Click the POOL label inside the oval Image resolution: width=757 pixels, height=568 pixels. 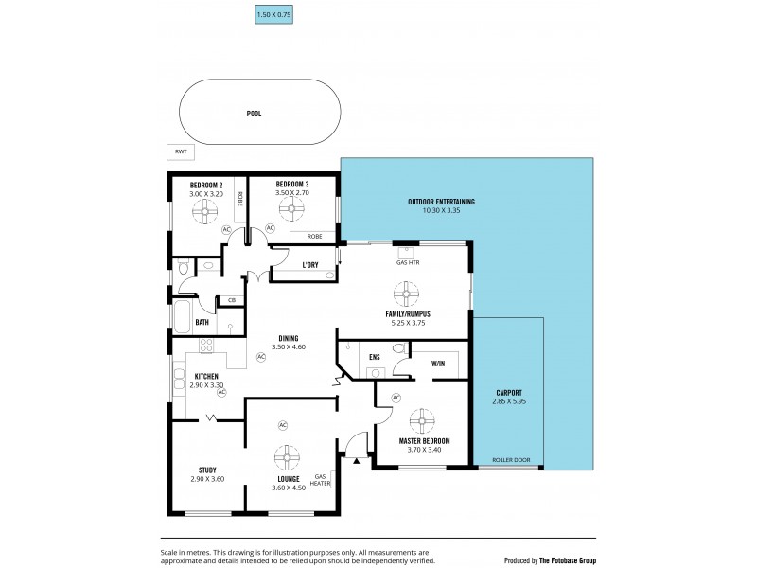tap(254, 114)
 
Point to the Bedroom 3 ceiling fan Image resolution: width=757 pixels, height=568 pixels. tap(291, 211)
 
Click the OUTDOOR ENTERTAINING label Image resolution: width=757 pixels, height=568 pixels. tap(441, 202)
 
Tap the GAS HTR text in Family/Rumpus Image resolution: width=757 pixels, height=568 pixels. tap(408, 262)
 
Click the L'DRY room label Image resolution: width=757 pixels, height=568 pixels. tap(309, 264)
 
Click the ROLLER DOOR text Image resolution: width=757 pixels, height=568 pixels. tap(511, 461)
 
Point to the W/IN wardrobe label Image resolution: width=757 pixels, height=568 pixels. tap(438, 363)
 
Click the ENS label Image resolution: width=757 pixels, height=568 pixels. tap(375, 358)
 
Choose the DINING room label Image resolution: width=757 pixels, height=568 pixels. tap(289, 338)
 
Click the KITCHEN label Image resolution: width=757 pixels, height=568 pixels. tap(206, 376)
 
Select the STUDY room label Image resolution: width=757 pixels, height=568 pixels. tap(207, 470)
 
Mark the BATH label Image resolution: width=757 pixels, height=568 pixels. tap(202, 322)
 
